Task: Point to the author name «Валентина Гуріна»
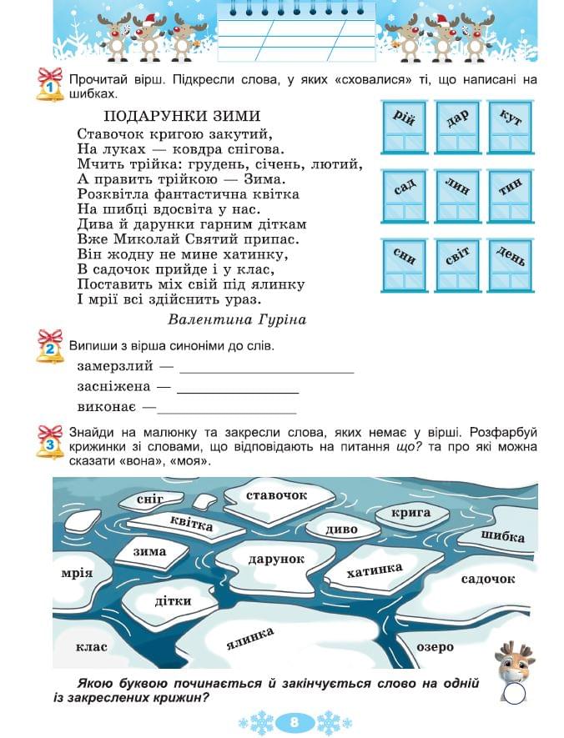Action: coord(237,319)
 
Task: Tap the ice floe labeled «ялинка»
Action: coord(250,640)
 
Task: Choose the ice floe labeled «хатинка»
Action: coord(375,572)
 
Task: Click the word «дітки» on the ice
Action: coord(174,600)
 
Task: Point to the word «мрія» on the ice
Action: coord(77,573)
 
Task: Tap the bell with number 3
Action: coord(49,443)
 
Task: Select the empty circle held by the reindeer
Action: coord(516,694)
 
